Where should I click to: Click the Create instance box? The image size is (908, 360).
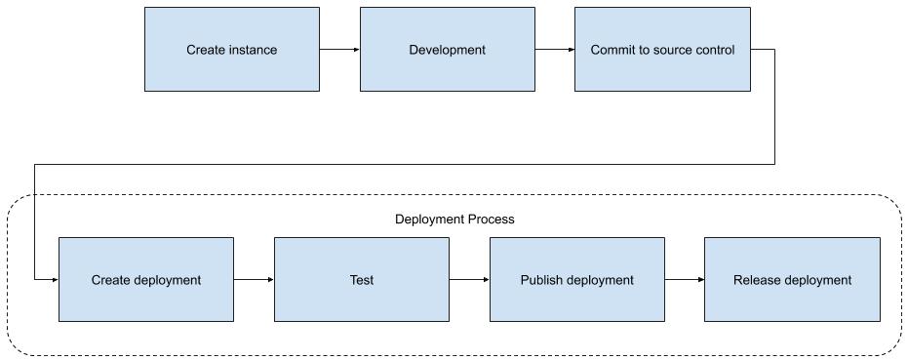coord(231,50)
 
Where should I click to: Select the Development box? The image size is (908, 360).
coord(447,50)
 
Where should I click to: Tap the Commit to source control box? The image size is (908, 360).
coord(662,50)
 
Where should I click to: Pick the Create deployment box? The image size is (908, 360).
coord(146,280)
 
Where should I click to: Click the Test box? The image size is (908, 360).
coord(361,280)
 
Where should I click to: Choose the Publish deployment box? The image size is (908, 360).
coord(576,280)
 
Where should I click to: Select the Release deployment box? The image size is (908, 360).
coord(792,280)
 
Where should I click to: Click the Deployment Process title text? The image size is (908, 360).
coord(454,220)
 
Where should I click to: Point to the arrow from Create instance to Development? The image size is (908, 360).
coord(339,50)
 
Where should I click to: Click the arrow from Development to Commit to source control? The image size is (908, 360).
coord(555,50)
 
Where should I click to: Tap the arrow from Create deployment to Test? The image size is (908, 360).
coord(254,280)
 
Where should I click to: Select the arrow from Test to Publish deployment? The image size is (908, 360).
coord(469,280)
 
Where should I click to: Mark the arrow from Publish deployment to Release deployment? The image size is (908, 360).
coord(685,280)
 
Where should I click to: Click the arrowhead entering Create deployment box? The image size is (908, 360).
coord(54,280)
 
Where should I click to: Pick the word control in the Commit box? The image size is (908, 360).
coord(714,50)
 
